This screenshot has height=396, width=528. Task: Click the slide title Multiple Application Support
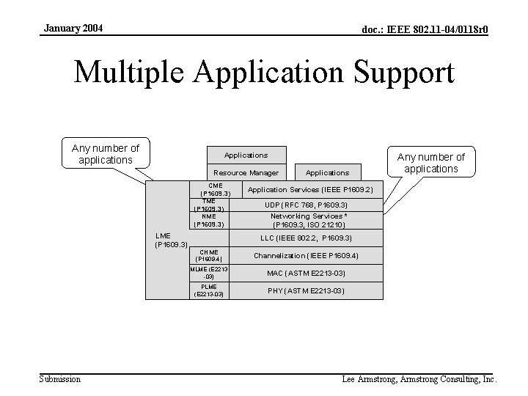[x=264, y=73]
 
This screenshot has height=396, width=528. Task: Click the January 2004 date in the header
[x=73, y=29]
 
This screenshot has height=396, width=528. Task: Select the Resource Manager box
[x=246, y=172]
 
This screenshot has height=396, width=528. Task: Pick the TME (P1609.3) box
[x=208, y=205]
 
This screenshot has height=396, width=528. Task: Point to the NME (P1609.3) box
[x=208, y=220]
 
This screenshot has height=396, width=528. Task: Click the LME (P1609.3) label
[x=171, y=240]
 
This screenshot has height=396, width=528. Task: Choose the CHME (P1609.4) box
[x=209, y=255]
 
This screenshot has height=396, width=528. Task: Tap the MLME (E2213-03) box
[x=209, y=273]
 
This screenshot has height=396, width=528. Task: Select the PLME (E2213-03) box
[x=209, y=290]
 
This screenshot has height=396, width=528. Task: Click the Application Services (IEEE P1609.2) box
[x=310, y=190]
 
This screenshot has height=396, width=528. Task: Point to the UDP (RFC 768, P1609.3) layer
[x=306, y=205]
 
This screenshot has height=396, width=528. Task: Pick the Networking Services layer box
[x=309, y=220]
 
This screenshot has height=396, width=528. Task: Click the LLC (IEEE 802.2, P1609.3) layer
[x=306, y=238]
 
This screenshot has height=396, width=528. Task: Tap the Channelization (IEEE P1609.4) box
[x=306, y=256]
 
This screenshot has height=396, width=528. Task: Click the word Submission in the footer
[x=59, y=379]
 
